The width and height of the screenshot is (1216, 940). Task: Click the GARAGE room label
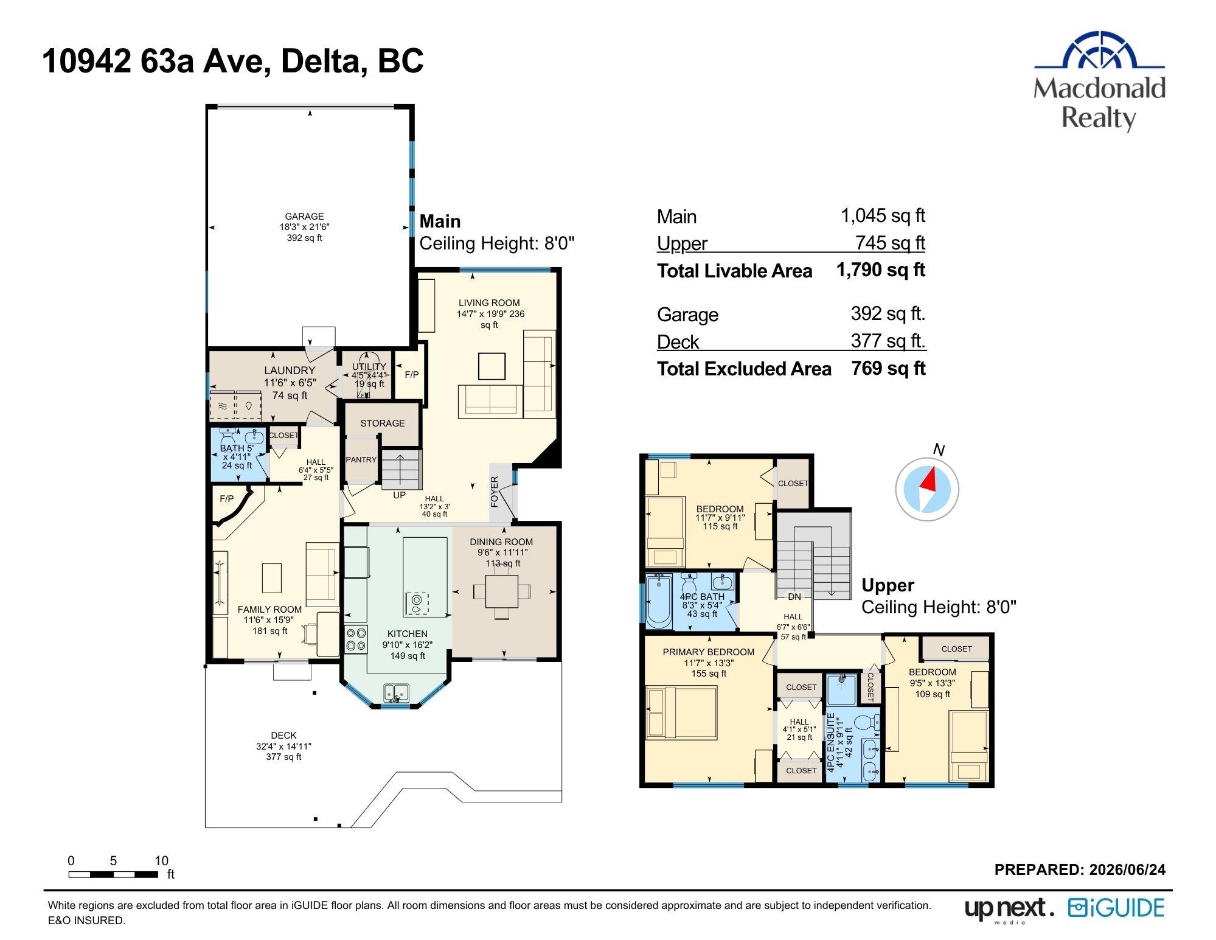tap(304, 217)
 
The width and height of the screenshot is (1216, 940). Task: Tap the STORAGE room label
tap(382, 423)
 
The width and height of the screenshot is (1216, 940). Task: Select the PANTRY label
tap(361, 460)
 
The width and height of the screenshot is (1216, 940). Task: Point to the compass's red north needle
tap(928, 479)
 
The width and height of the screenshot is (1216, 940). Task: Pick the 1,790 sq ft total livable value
tap(880, 270)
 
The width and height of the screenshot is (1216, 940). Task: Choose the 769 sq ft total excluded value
tap(888, 369)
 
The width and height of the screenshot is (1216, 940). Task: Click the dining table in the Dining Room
tap(502, 591)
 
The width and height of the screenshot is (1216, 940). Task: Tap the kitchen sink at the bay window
tap(396, 692)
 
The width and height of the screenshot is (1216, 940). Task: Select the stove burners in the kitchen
tap(356, 639)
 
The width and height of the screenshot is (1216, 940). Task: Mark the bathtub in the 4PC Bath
tap(659, 602)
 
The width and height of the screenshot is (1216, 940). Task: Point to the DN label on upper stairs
tap(794, 597)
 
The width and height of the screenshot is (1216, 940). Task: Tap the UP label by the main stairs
tap(399, 495)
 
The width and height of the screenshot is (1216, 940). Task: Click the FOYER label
tap(495, 492)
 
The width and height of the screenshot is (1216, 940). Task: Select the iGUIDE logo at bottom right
tap(1116, 908)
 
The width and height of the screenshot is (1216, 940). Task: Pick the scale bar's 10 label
tap(161, 861)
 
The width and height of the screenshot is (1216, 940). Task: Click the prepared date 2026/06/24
tap(1127, 870)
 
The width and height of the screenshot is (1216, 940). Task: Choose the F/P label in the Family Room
tap(226, 499)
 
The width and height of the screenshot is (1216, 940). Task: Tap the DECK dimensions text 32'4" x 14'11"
tap(283, 747)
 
